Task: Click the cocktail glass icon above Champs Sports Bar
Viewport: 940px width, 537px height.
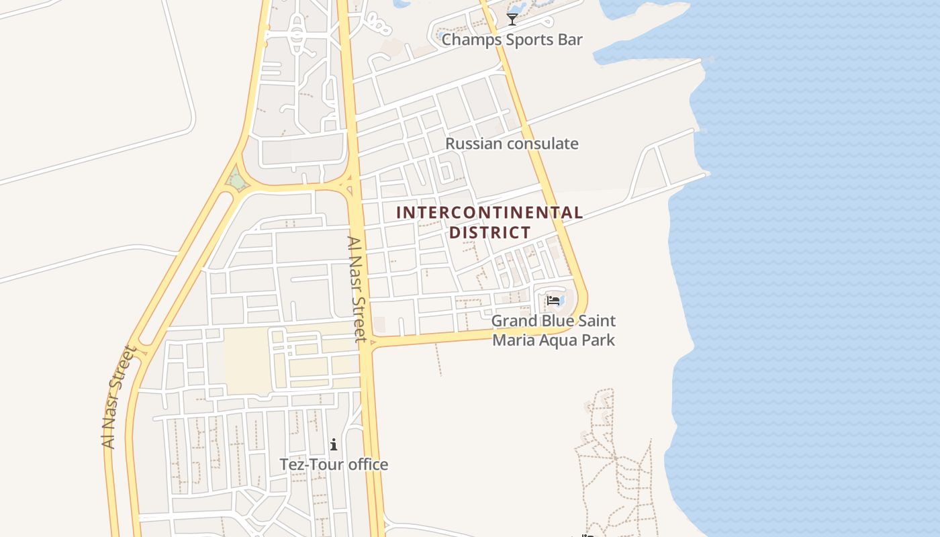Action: (x=512, y=19)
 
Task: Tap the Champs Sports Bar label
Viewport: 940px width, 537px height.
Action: (x=512, y=40)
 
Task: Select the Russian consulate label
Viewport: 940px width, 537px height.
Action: (x=512, y=144)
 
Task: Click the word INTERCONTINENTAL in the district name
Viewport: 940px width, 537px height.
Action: (x=489, y=213)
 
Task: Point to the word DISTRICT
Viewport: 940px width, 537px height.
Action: (x=489, y=233)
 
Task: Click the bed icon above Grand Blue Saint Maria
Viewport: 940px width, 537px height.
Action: (x=553, y=300)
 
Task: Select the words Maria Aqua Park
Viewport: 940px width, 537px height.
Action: (x=553, y=340)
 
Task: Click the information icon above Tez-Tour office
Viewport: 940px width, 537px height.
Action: (x=334, y=444)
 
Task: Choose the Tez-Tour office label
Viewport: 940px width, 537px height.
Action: (x=334, y=465)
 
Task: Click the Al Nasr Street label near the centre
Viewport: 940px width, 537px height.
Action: (x=357, y=289)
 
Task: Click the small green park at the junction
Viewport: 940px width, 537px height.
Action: (x=236, y=180)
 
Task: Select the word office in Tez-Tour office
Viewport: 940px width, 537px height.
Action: (x=368, y=465)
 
